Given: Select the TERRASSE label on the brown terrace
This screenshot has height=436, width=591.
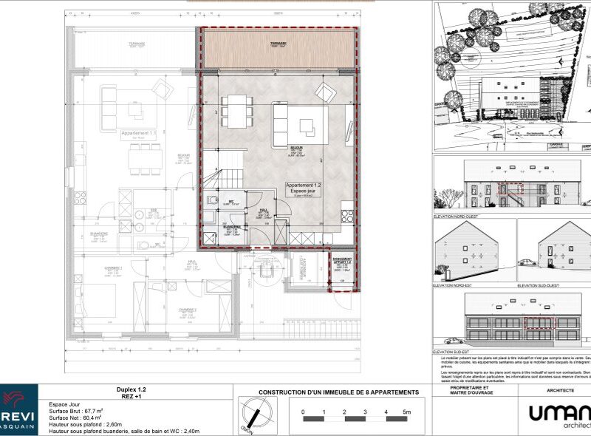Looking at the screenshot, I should point(278,44).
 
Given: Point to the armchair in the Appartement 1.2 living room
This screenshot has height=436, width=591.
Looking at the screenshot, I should point(324,92).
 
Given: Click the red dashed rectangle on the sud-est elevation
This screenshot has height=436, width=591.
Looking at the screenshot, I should point(537,323).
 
